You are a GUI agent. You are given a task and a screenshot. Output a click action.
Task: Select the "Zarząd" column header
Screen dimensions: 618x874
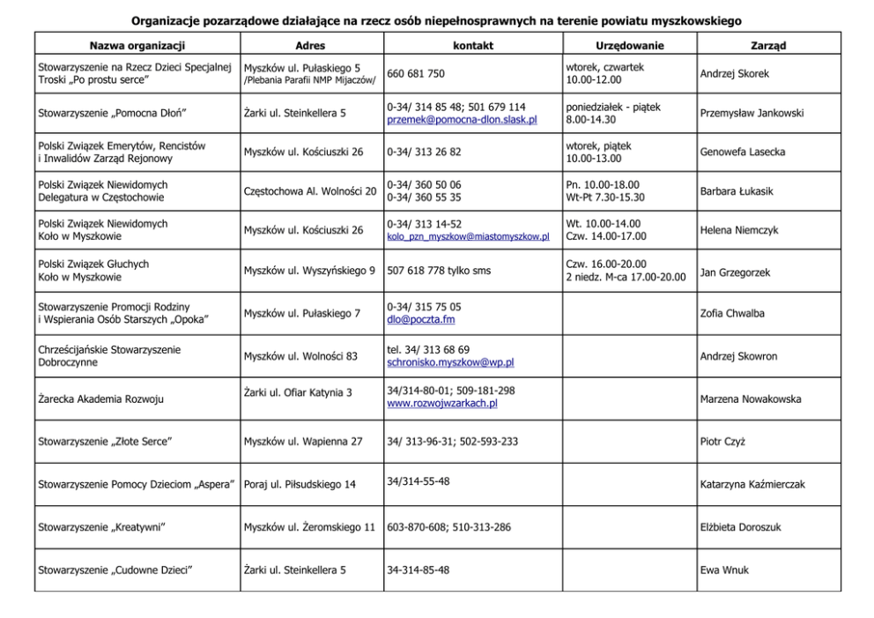pos(768,46)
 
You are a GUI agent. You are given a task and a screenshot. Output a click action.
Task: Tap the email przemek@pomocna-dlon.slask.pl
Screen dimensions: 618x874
pos(462,120)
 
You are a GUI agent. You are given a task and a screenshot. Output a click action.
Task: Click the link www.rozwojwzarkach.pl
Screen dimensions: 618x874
pos(441,404)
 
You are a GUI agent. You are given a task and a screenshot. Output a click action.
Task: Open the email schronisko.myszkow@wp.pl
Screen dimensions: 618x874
pos(450,362)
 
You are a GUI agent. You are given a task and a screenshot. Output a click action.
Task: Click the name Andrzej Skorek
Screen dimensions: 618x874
pos(734,74)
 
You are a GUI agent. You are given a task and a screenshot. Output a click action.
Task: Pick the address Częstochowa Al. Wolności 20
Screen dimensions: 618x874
pos(309,191)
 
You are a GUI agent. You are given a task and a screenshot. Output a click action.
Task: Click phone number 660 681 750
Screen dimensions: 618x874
pos(415,74)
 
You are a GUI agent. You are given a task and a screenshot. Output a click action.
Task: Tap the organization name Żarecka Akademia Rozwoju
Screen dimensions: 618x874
pos(98,399)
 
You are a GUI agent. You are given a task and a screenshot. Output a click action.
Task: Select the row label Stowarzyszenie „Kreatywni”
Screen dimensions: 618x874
pos(102,527)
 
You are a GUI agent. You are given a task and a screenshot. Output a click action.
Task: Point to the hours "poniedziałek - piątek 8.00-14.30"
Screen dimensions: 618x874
pos(612,113)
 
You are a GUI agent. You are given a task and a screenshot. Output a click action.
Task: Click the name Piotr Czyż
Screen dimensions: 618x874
pos(722,442)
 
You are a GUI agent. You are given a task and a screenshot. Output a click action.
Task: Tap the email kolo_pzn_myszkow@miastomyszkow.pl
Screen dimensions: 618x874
pos(468,236)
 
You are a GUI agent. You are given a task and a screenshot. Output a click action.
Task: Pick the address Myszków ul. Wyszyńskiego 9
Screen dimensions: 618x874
pos(309,271)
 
